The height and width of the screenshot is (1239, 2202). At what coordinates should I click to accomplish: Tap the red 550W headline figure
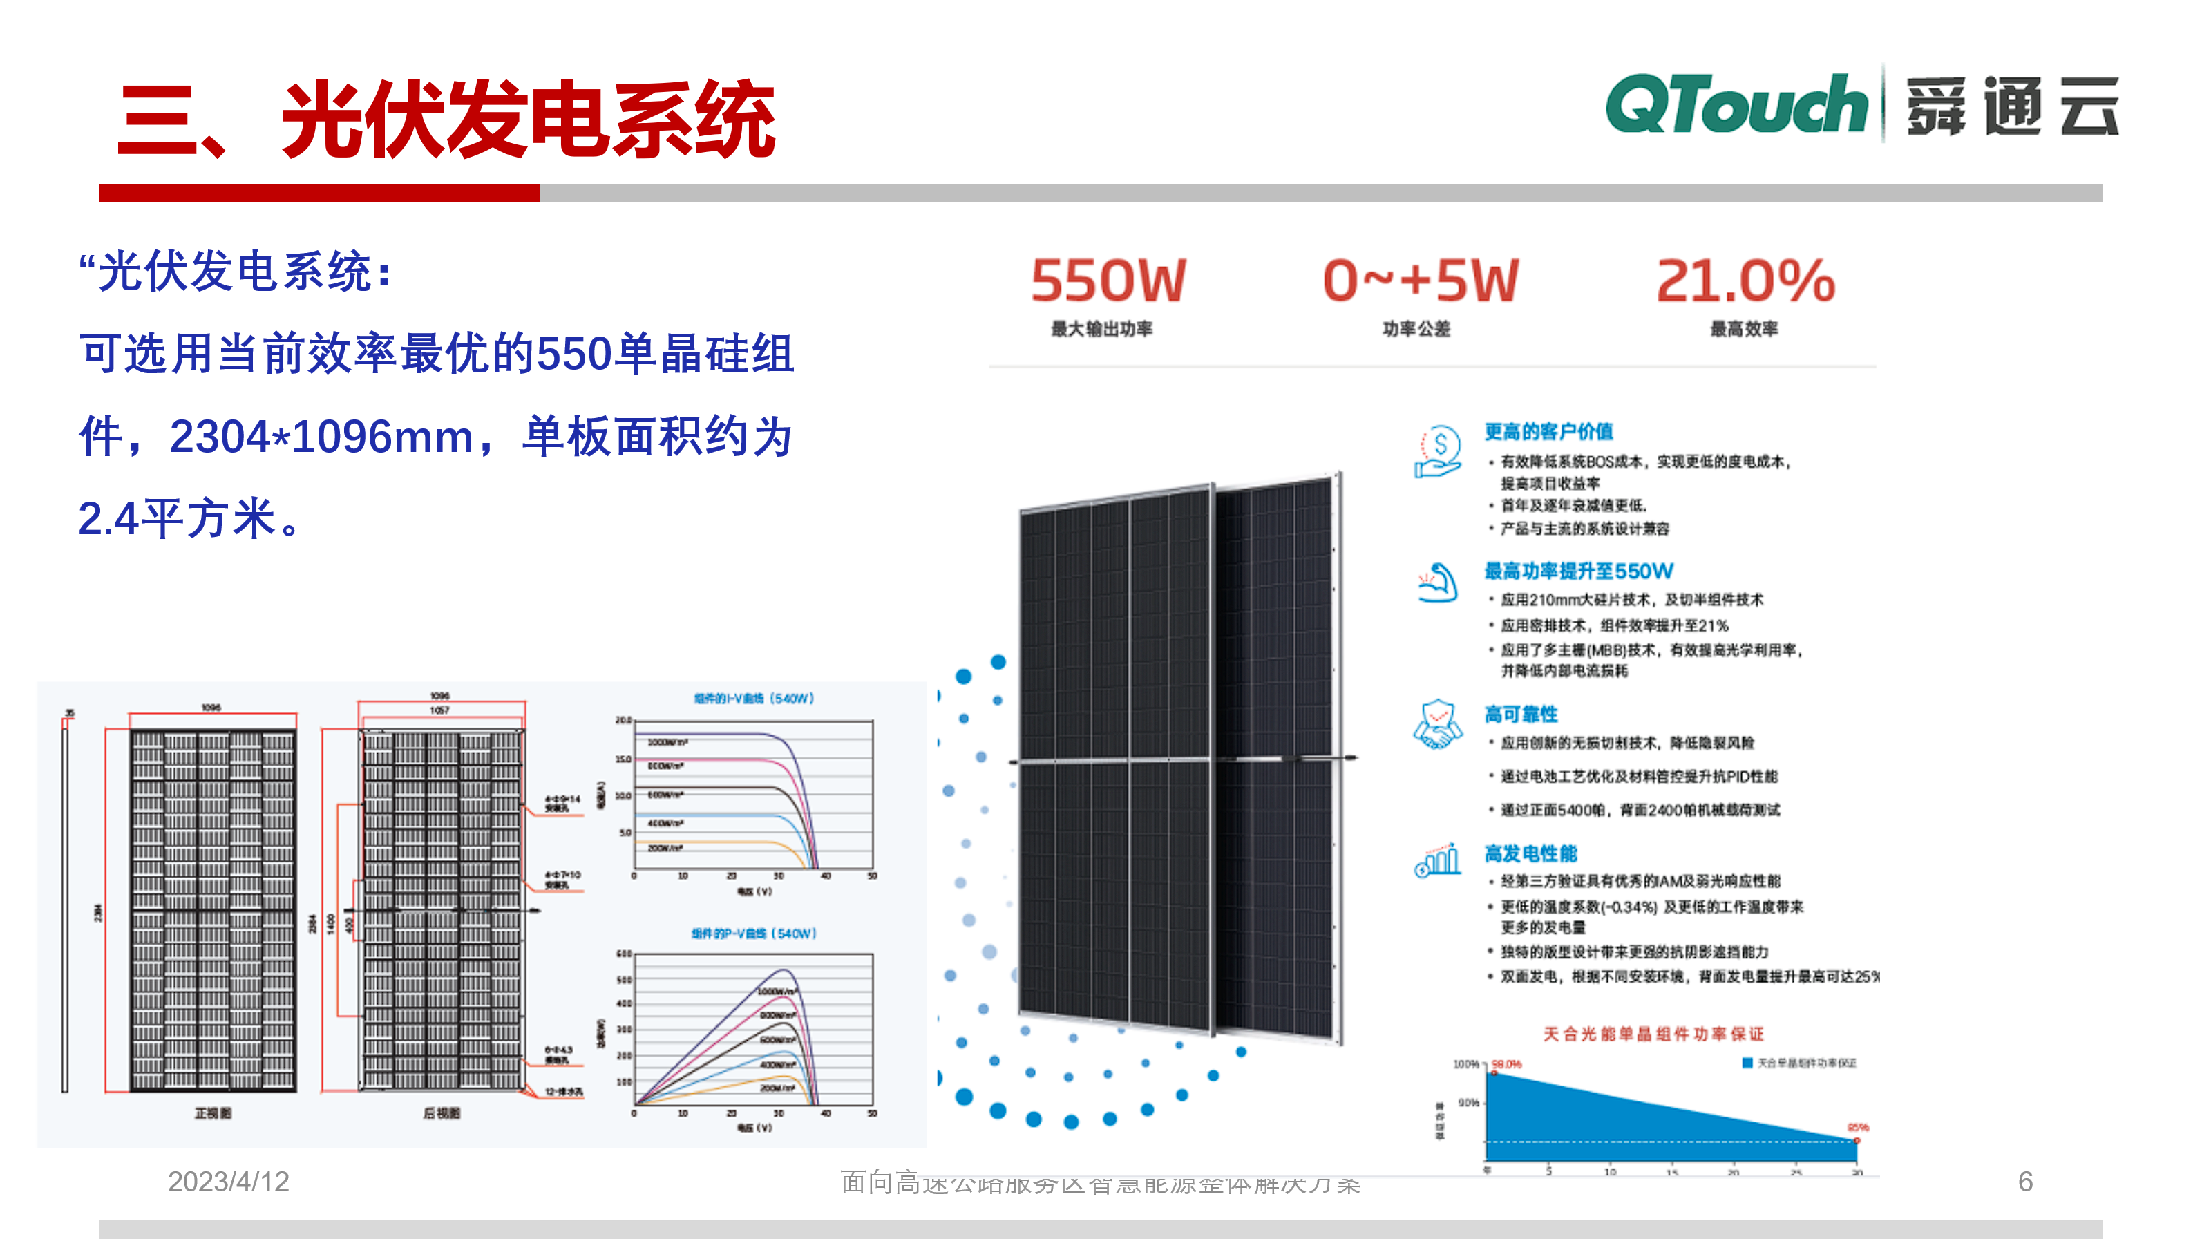point(1108,281)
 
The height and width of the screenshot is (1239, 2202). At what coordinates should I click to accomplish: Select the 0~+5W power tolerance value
point(1420,281)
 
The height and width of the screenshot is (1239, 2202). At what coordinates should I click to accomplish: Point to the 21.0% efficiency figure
point(1745,281)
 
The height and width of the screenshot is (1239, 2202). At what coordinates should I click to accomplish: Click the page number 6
point(2025,1182)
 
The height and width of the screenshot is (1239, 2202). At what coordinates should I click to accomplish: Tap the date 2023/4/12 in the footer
point(228,1182)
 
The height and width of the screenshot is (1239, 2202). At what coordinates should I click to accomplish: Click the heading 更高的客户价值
point(1548,432)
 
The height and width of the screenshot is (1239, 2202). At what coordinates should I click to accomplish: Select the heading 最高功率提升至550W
point(1578,571)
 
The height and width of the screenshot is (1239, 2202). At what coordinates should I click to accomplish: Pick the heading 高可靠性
point(1521,714)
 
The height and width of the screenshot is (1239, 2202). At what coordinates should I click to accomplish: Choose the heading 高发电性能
point(1530,853)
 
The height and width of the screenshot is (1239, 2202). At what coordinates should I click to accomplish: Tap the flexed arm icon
point(1438,583)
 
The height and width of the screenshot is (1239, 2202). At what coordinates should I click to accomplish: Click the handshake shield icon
point(1438,725)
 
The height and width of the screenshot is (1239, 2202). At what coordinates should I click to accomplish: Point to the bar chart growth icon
point(1438,860)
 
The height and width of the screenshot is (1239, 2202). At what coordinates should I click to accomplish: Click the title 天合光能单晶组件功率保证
point(1653,1034)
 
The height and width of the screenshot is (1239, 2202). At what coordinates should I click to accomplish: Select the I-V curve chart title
point(753,699)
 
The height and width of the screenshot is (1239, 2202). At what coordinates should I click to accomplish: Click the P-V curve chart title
point(753,934)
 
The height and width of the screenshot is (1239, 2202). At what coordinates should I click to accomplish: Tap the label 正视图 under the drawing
point(213,1113)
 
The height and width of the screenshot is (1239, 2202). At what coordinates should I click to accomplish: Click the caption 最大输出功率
point(1101,329)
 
